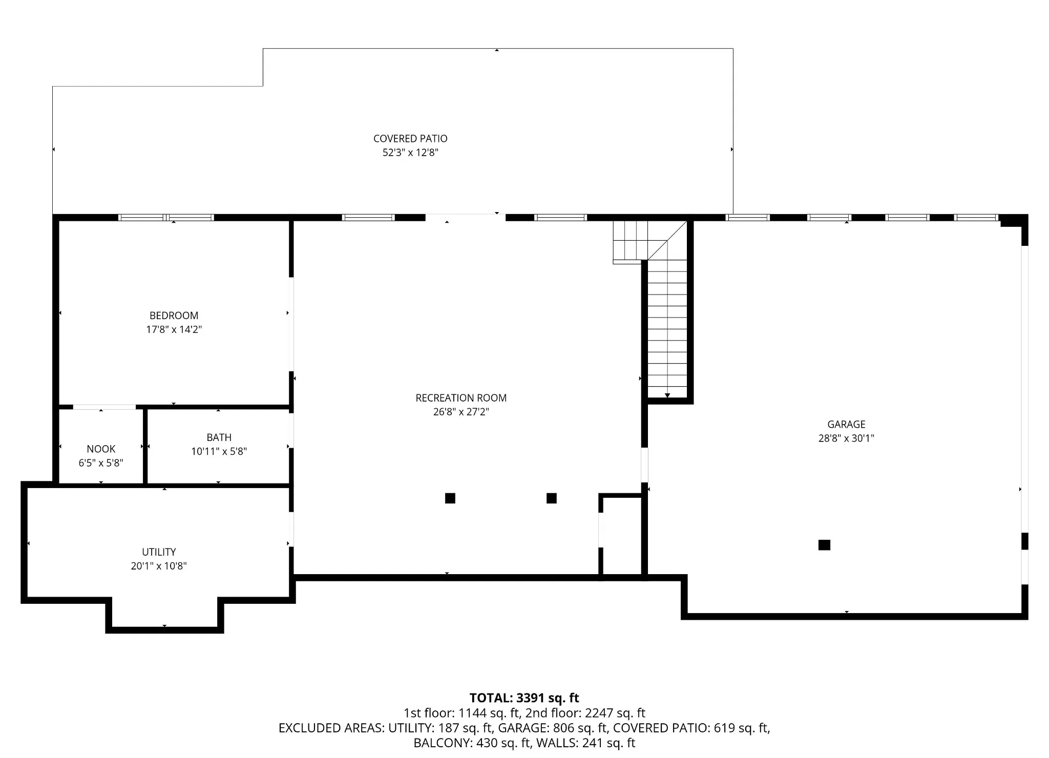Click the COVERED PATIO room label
pos(410,138)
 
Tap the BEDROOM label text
pos(174,315)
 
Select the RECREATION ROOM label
pos(461,398)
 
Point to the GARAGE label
pos(846,424)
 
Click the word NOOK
pos(101,449)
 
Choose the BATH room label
pos(219,437)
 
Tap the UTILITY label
pos(159,552)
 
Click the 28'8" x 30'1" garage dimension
pos(846,438)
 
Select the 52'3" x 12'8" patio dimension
pos(410,153)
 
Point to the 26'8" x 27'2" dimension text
pos(461,412)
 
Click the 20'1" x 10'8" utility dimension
pos(159,566)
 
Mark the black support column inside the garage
pos(824,545)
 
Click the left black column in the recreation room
pos(450,498)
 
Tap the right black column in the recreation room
pos(552,498)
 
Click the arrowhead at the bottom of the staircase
pos(667,395)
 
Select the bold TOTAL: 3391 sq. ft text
pos(524,698)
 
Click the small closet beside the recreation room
pos(622,536)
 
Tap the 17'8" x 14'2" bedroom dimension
pos(174,329)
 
